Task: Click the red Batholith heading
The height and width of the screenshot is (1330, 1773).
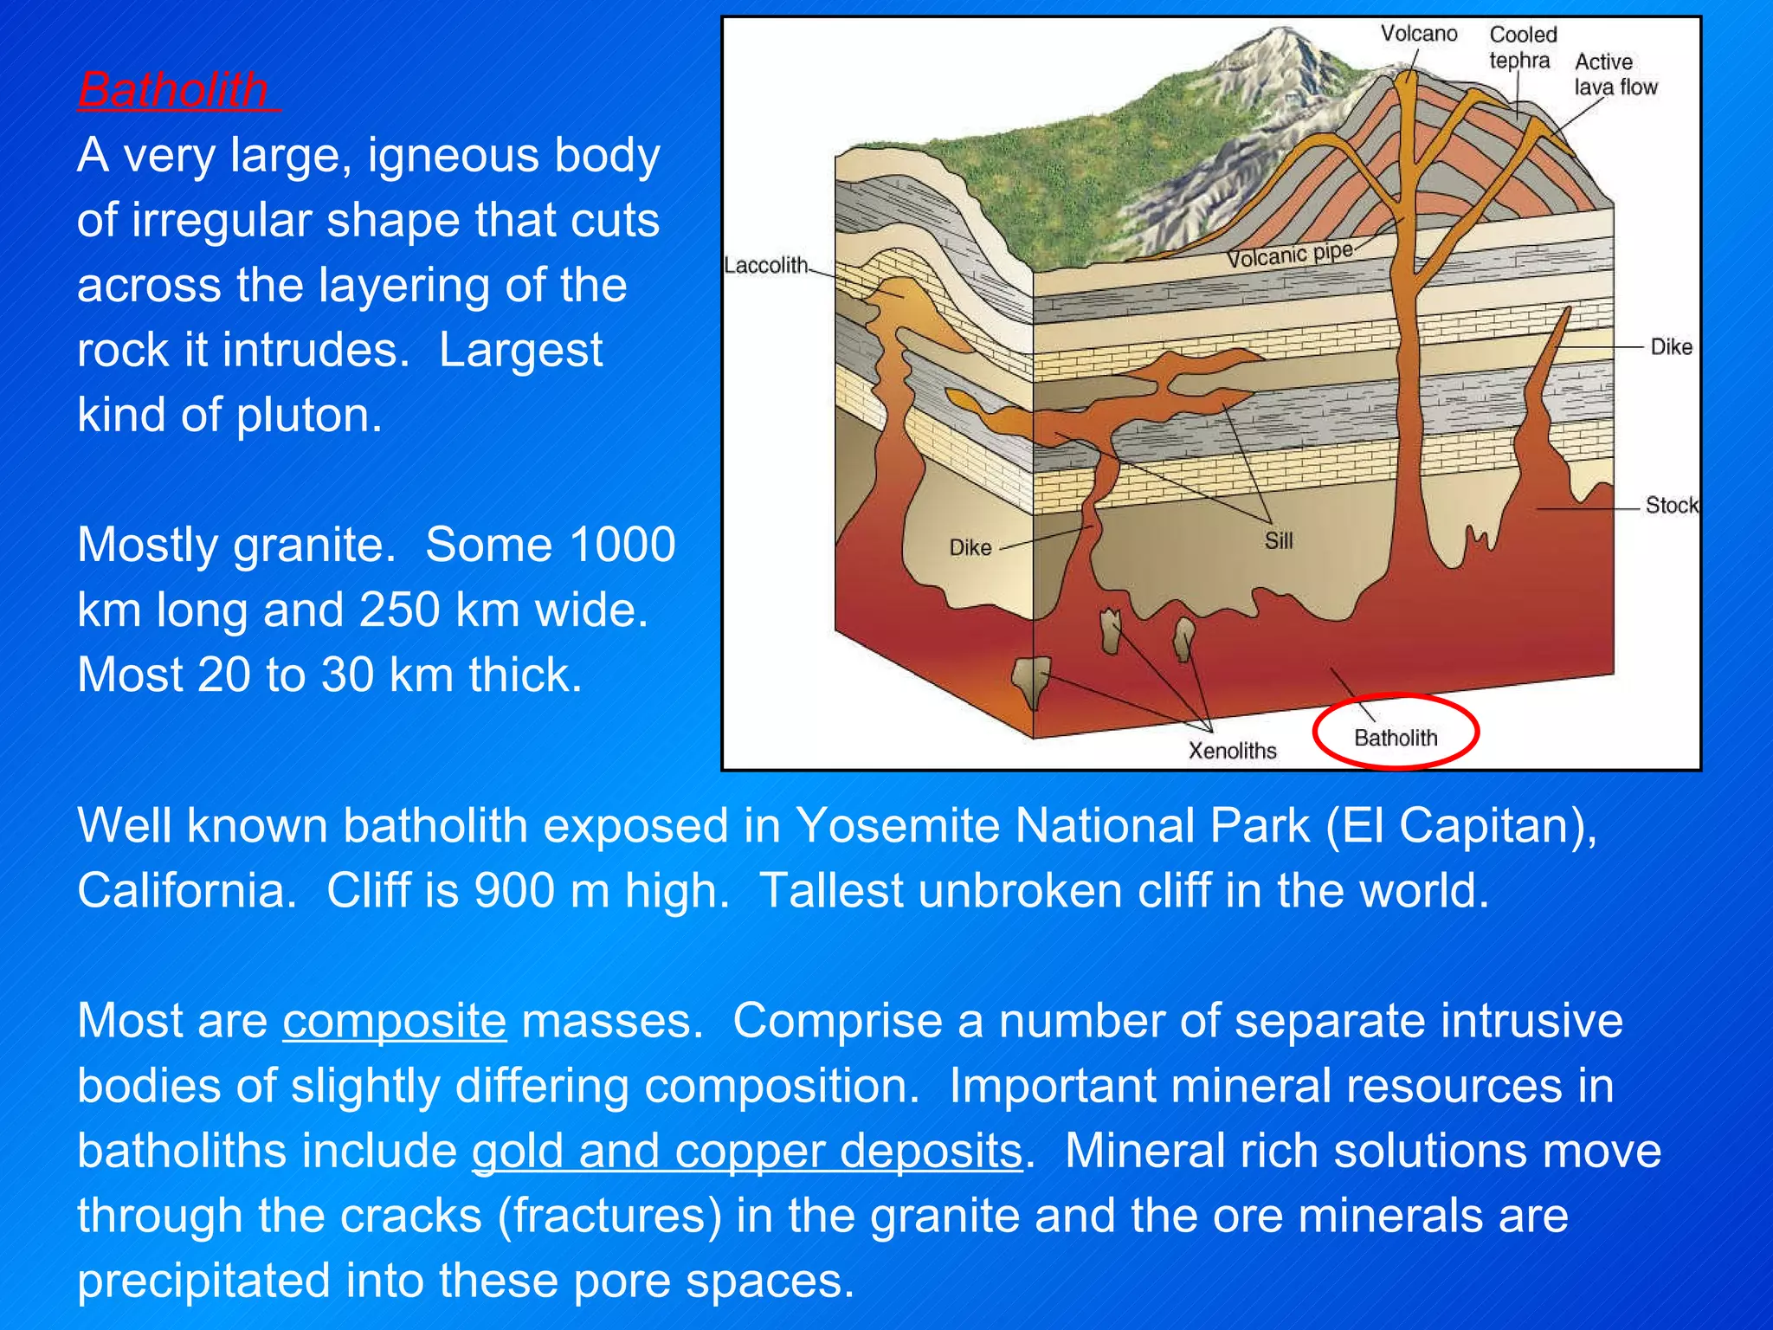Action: (x=173, y=89)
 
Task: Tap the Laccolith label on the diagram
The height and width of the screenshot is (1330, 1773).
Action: (x=766, y=265)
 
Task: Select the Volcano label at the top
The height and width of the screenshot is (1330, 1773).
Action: (x=1418, y=34)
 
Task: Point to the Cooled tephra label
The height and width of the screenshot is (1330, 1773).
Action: (x=1522, y=48)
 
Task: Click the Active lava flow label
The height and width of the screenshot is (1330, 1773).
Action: (x=1615, y=74)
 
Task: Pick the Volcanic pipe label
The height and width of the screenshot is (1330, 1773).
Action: (x=1289, y=255)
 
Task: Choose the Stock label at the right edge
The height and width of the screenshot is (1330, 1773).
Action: (x=1671, y=505)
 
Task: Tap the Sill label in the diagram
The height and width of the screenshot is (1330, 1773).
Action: (x=1278, y=541)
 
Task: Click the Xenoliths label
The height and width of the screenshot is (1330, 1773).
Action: (x=1232, y=750)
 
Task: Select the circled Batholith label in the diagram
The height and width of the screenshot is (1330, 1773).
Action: (x=1395, y=738)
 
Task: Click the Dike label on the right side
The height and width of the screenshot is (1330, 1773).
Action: (x=1671, y=347)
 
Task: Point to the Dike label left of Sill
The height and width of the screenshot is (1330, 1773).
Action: (x=970, y=547)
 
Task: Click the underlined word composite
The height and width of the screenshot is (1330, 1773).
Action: (x=395, y=1021)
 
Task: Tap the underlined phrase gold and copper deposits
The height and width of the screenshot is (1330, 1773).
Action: (x=747, y=1151)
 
